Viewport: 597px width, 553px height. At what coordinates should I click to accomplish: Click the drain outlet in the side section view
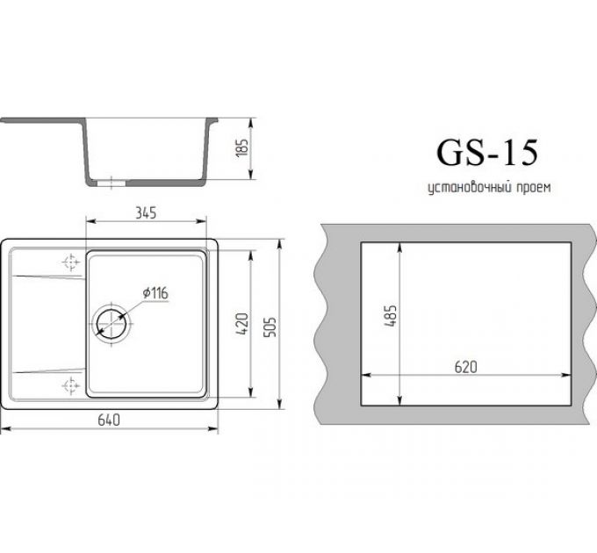click(110, 183)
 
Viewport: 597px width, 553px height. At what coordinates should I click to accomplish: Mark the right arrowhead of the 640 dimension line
click(215, 429)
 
